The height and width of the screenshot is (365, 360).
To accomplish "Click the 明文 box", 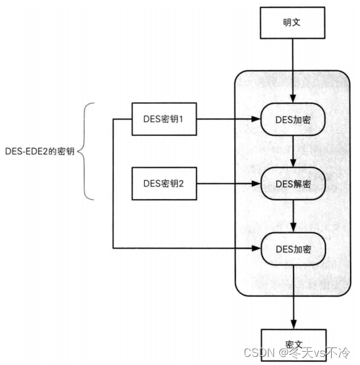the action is [292, 23].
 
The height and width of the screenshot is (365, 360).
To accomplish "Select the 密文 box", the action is [294, 345].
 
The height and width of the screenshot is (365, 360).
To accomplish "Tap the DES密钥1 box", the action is [164, 119].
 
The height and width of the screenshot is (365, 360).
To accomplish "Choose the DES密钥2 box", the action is [164, 183].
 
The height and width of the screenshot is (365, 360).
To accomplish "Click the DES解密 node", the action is [293, 183].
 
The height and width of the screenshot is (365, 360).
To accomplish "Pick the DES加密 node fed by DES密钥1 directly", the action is [293, 120].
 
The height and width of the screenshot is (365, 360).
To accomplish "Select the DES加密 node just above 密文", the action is [293, 249].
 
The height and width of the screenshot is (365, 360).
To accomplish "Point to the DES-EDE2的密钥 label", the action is [40, 152].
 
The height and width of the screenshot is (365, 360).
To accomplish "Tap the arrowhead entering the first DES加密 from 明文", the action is [293, 99].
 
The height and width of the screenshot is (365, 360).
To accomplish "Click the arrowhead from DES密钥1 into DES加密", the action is [256, 119].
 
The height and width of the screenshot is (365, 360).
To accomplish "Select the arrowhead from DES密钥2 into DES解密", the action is [256, 183].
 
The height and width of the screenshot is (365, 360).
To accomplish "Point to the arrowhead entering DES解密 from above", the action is [293, 163].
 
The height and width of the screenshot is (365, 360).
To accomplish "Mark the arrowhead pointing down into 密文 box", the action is [294, 325].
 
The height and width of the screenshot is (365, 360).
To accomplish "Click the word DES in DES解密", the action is [282, 184].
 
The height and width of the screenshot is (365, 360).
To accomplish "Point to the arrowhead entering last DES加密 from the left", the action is [256, 249].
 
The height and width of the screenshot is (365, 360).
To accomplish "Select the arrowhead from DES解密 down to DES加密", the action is [294, 228].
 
